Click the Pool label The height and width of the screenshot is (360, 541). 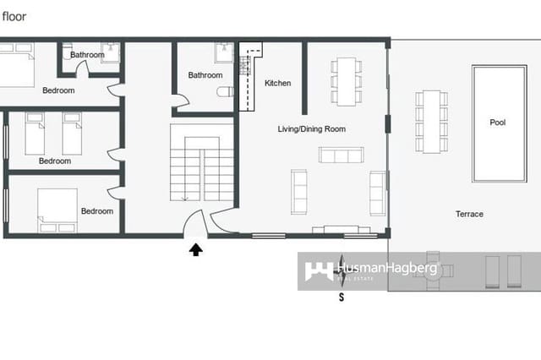click(498, 123)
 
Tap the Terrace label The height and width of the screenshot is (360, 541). click(469, 214)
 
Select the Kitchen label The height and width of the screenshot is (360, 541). click(277, 83)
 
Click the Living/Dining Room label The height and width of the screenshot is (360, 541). click(312, 129)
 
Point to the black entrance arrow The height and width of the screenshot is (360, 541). click(197, 248)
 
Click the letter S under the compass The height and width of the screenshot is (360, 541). click(342, 297)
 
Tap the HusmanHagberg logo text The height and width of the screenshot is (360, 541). click(388, 270)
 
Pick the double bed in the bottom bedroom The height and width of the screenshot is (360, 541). click(57, 209)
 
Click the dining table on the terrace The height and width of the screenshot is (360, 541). click(431, 121)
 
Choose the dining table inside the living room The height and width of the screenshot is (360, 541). click(346, 81)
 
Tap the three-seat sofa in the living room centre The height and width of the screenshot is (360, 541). click(341, 155)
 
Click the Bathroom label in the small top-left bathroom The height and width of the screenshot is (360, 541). click(87, 55)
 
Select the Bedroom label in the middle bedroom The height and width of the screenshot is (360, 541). click(55, 161)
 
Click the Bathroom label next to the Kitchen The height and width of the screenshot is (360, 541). click(205, 75)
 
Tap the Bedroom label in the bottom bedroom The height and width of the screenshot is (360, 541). click(97, 211)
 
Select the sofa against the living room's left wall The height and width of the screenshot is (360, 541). click(299, 191)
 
